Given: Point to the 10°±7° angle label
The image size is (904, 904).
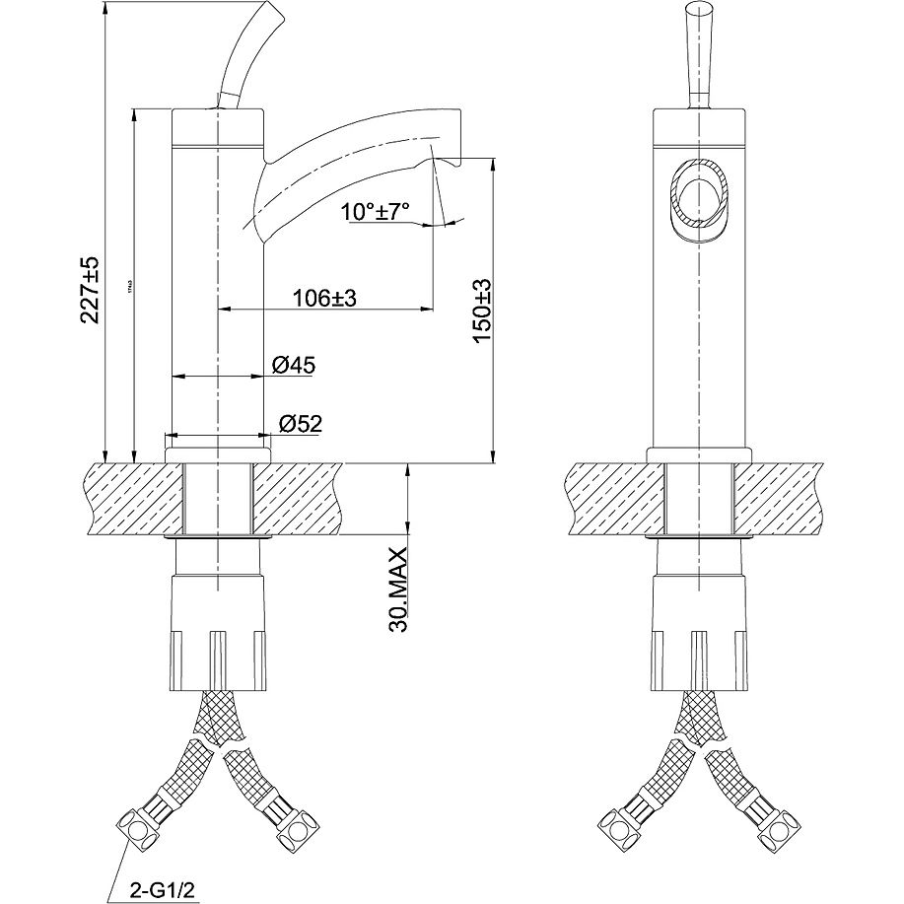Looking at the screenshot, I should (x=376, y=211).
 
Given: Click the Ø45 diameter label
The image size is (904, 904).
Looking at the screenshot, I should (x=293, y=366).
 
